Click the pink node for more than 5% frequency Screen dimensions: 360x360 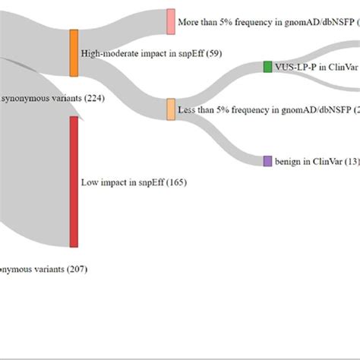click(x=171, y=21)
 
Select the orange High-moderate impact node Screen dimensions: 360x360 click(x=74, y=53)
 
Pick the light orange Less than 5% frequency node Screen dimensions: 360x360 click(x=171, y=109)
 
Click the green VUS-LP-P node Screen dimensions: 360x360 click(x=267, y=67)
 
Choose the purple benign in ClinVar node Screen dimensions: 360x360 click(x=267, y=161)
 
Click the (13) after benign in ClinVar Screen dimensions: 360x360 click(x=350, y=161)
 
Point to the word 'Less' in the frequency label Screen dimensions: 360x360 click(x=187, y=110)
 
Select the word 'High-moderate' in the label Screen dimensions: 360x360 click(x=108, y=54)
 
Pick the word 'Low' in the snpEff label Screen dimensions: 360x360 click(x=89, y=182)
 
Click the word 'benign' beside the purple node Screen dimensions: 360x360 click(x=289, y=161)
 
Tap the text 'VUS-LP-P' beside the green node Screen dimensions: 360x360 click(x=297, y=67)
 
